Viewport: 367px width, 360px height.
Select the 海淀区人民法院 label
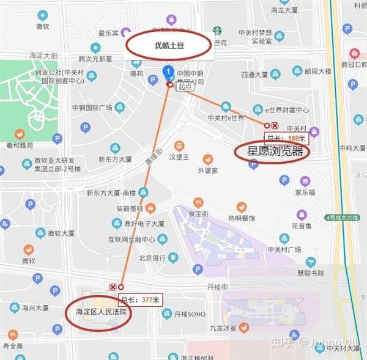[97, 312]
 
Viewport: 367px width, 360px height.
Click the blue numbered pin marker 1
[169, 73]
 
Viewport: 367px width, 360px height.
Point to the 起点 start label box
[185, 87]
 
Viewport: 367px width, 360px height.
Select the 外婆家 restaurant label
[208, 171]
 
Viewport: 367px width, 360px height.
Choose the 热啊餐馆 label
[241, 218]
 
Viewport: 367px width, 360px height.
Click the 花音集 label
[301, 226]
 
